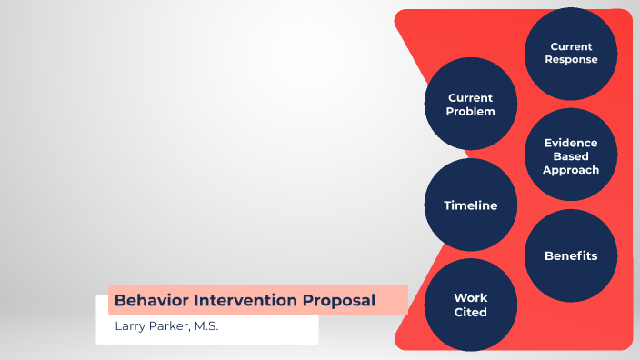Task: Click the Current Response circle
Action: (571, 54)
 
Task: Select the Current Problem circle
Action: (471, 105)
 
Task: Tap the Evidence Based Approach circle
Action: (571, 155)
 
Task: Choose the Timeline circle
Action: (471, 205)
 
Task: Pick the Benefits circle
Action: (571, 255)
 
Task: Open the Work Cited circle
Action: (471, 305)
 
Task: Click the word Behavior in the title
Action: (145, 300)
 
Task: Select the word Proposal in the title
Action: (343, 300)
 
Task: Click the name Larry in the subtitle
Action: (130, 326)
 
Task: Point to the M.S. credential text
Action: (205, 326)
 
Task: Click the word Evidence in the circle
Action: (571, 143)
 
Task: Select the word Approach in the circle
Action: (571, 170)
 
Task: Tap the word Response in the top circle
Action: (571, 60)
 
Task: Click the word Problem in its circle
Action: (471, 112)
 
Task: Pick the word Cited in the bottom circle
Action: (471, 312)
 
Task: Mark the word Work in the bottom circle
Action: (471, 298)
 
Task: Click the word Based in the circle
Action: (571, 156)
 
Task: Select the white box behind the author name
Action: (273, 331)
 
